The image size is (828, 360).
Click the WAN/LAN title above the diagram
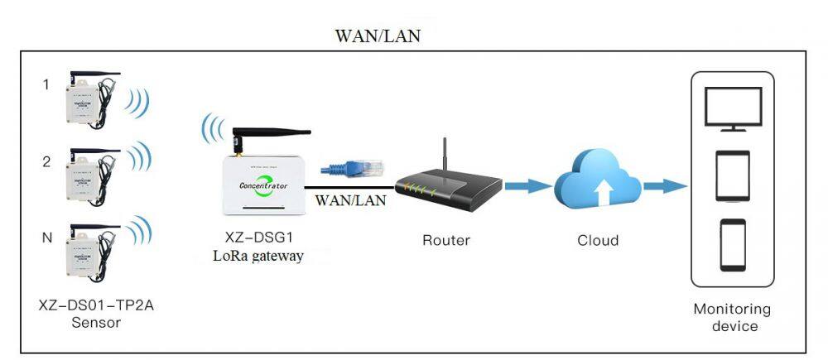pos(377,36)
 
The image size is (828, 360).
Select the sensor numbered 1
pos(86,107)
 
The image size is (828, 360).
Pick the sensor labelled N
pos(86,252)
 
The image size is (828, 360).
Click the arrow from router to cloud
pos(527,185)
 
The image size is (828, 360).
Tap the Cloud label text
pos(597,241)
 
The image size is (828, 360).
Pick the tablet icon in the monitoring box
pos(733,175)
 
